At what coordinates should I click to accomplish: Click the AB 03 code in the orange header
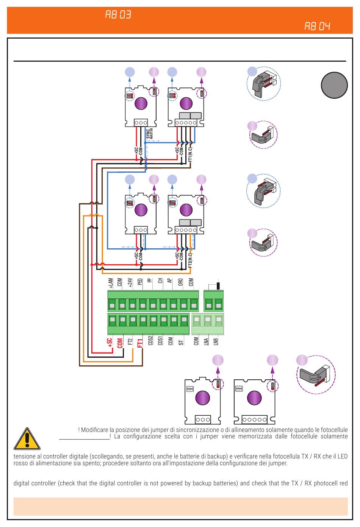118,15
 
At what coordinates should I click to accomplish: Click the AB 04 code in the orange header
318,26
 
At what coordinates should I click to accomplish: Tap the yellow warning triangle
27,439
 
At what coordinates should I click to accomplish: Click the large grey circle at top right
334,85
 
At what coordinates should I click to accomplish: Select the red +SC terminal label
110,343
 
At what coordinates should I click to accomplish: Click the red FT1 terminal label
140,343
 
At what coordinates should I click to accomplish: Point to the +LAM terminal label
111,283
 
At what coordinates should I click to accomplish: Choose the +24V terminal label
130,283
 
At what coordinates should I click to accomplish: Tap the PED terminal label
140,282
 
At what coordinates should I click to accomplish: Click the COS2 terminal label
150,340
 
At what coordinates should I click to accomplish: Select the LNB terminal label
216,341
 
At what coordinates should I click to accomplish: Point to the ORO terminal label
180,282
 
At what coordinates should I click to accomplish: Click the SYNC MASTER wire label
149,133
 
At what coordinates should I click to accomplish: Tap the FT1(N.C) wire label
190,154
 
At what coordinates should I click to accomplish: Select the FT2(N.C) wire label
190,260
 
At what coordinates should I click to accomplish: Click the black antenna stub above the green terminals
218,285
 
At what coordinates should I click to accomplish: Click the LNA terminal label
206,341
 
